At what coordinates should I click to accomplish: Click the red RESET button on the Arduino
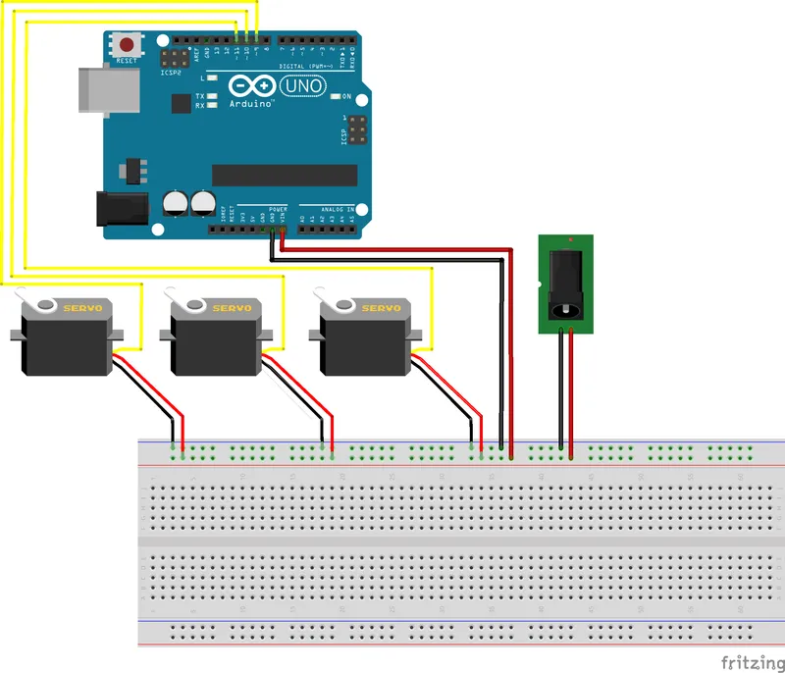coord(128,45)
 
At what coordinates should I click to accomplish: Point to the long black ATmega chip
coord(285,175)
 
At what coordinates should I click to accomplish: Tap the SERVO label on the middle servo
coord(232,308)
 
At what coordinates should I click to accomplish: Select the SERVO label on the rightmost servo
coord(381,308)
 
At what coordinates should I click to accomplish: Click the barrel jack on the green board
coord(566,285)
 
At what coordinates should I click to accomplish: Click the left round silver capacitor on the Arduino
coord(176,203)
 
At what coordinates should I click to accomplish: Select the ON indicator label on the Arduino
coord(346,97)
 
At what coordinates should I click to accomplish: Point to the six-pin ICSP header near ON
coord(354,129)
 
